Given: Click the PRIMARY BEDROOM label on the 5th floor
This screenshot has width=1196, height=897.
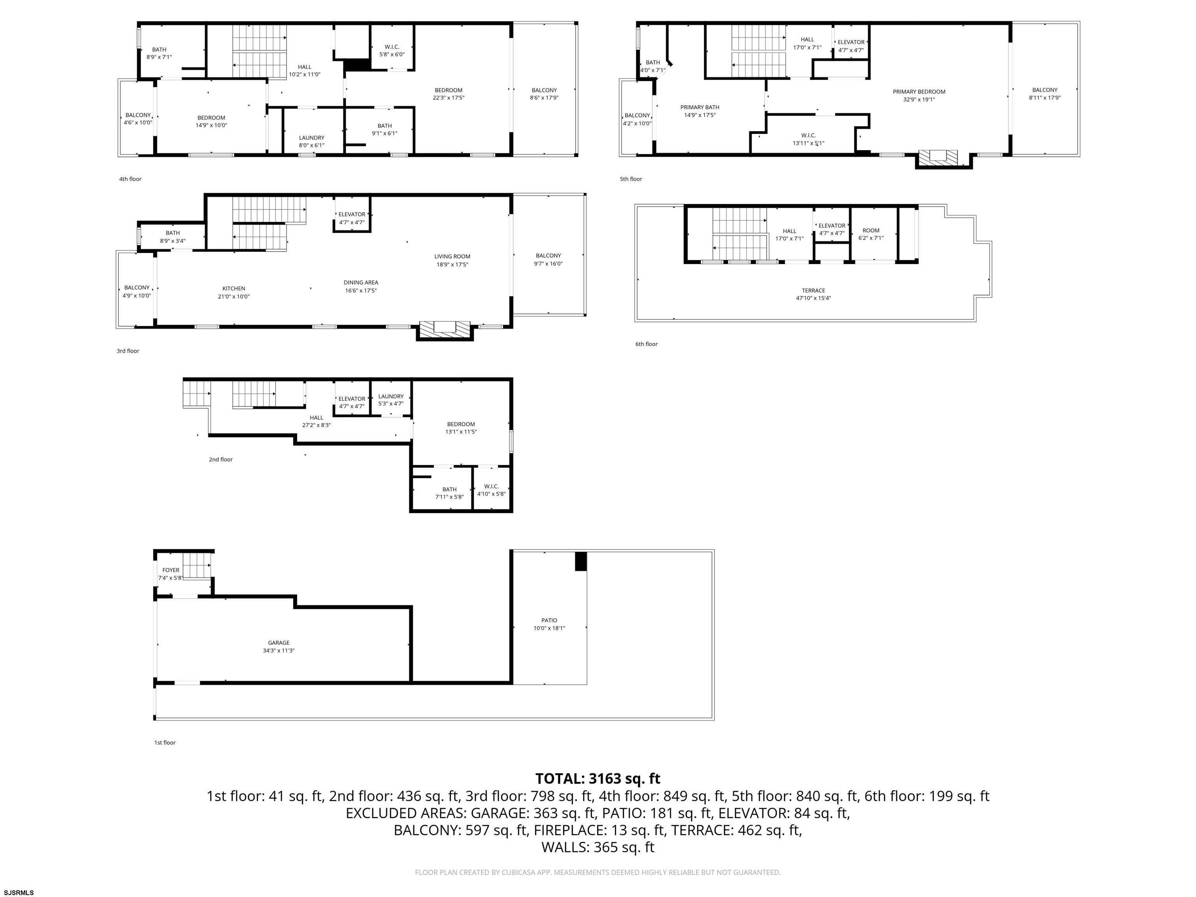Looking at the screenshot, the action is pos(919,92).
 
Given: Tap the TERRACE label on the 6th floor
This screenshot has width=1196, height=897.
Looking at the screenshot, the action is pos(813,290).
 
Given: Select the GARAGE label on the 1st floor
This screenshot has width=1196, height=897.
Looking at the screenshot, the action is pos(278,643).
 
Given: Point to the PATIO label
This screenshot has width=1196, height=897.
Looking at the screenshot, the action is pos(549,620).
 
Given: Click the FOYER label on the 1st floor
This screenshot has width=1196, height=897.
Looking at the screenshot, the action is pos(171,570).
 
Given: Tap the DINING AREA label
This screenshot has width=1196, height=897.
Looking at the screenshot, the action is pos(361,282).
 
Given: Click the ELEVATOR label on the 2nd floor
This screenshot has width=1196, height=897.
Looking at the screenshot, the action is pos(352,399).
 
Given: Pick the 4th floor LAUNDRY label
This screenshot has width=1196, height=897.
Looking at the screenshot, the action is pos(311,138).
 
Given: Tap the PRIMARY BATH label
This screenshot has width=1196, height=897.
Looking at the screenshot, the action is pos(700,107).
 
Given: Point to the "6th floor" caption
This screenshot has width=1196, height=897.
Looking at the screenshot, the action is pos(646,344).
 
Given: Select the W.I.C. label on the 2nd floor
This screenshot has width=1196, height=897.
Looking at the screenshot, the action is pos(491,486).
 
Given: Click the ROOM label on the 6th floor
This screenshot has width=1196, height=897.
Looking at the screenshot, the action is pos(871,230).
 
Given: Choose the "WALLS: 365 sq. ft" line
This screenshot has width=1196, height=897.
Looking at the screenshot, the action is pos(598,847).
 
